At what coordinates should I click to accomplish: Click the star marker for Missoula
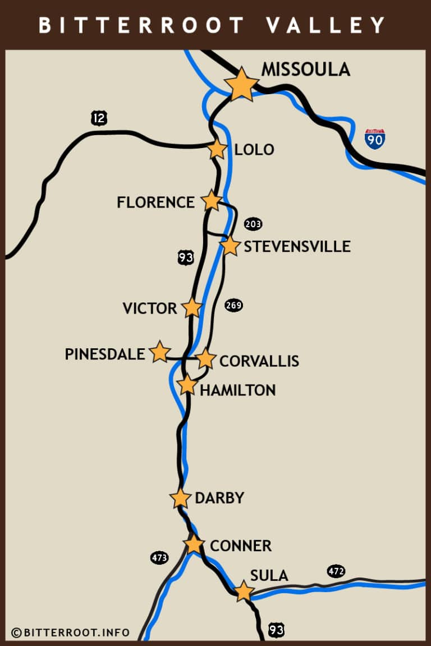coord(241,85)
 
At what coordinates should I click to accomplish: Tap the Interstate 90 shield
coord(374,139)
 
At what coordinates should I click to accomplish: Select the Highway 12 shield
coord(99,118)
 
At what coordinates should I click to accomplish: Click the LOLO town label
coord(254,150)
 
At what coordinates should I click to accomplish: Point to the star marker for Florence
coord(212,200)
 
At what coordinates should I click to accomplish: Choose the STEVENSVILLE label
coord(297,246)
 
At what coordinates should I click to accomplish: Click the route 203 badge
coord(253,224)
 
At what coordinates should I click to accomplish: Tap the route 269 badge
coord(233,306)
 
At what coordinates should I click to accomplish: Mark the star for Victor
coord(192,307)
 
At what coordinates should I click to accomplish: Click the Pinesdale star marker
coord(160,352)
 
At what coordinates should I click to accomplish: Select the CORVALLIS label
coord(259,361)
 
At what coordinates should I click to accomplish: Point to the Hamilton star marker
coord(187,385)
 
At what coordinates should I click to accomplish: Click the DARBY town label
coord(219,498)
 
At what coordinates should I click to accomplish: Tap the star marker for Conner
coord(194,544)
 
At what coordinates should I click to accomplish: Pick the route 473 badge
coord(159,557)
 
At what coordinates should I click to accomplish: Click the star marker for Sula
coord(243,591)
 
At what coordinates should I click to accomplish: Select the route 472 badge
coord(336,571)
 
